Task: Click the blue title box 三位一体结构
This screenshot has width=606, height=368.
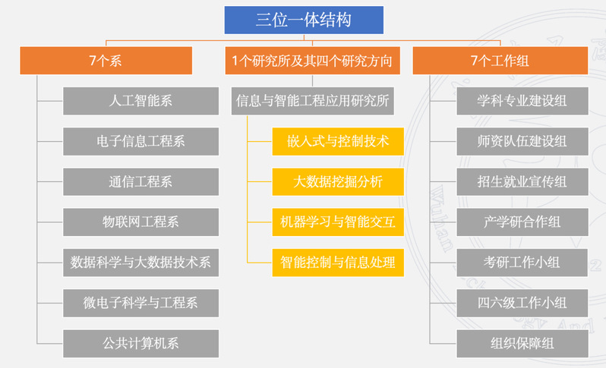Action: click(303, 20)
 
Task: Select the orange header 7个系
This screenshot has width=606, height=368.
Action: click(106, 61)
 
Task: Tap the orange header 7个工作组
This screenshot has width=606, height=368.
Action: click(500, 61)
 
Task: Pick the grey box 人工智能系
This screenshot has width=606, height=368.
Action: click(140, 101)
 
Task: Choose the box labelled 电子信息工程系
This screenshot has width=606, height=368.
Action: click(140, 141)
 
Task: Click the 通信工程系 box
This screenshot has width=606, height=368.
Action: click(140, 181)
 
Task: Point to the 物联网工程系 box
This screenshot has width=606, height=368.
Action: click(140, 222)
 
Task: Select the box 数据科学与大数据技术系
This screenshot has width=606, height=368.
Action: click(140, 263)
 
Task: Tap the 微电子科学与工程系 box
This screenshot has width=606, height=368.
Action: click(140, 303)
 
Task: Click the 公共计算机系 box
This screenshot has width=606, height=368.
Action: click(140, 343)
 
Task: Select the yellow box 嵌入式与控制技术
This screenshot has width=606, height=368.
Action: click(337, 141)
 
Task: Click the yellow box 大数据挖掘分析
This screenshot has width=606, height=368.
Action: click(337, 181)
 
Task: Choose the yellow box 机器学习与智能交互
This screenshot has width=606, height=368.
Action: click(337, 222)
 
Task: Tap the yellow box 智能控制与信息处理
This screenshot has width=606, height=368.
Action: click(337, 263)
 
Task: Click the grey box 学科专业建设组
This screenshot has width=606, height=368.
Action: click(522, 101)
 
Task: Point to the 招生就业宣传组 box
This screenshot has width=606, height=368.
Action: click(522, 181)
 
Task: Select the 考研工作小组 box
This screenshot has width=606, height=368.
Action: click(522, 263)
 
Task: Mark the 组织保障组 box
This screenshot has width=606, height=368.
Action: click(522, 343)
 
